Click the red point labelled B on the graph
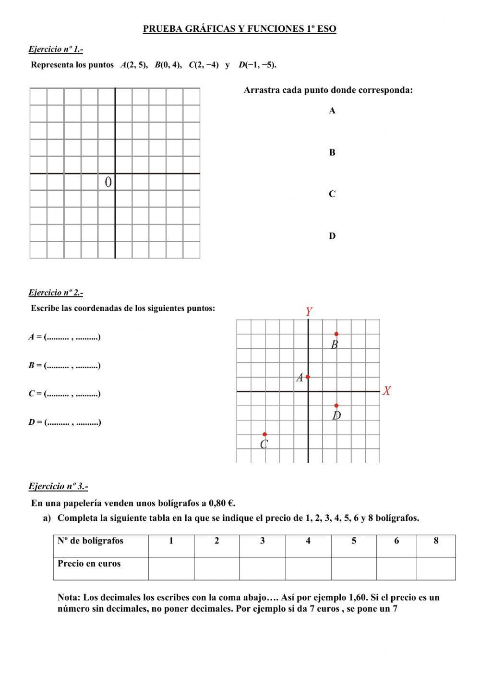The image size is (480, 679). (336, 333)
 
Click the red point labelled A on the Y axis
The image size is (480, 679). (308, 377)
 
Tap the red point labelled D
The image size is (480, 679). (336, 406)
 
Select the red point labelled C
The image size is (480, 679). (264, 434)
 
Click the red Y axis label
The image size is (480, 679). (309, 312)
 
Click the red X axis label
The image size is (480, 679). (387, 391)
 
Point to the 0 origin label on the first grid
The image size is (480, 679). (108, 182)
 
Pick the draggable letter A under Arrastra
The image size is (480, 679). (332, 111)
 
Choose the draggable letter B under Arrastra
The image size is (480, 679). (332, 153)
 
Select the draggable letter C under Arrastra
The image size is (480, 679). (332, 194)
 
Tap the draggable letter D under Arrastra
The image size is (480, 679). (332, 236)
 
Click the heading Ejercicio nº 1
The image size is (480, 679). (56, 49)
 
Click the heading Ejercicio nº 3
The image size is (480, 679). (58, 486)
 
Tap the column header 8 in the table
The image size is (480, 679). (436, 541)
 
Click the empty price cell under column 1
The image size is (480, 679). (171, 568)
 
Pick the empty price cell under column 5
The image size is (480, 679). (353, 568)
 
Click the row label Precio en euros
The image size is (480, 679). (89, 564)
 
